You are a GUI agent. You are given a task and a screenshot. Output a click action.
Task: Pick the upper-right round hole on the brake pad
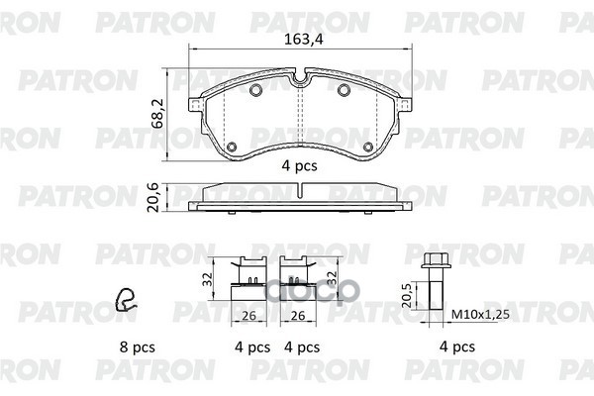tap(345, 92)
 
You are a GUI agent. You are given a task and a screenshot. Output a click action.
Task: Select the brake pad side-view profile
tap(299, 198)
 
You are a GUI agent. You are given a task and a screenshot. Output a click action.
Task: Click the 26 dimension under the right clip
tap(294, 316)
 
